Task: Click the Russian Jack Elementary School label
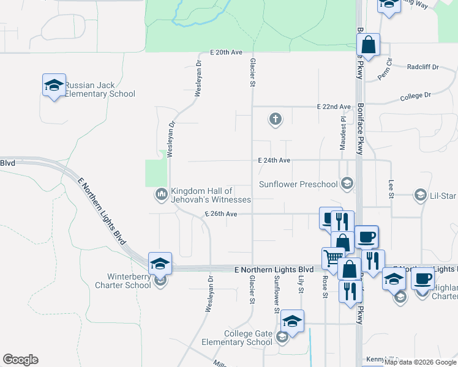pos(100,89)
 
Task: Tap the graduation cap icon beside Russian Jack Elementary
pos(54,85)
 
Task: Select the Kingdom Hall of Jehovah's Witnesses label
pos(211,195)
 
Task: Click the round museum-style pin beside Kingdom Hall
pos(161,195)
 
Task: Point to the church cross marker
pos(276,119)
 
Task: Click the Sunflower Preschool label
pos(298,184)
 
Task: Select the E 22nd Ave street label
pos(334,106)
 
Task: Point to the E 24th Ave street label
pos(274,160)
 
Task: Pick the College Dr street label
pos(416,97)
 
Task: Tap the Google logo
pos(20,360)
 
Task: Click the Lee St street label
pos(390,189)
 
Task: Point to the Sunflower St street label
pos(277,294)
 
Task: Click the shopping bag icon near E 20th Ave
pos(369,45)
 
